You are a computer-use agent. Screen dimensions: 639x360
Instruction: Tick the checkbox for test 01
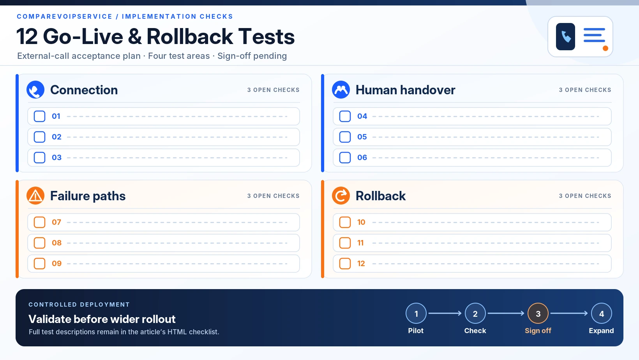tap(39, 116)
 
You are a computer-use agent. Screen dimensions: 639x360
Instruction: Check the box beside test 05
tap(345, 137)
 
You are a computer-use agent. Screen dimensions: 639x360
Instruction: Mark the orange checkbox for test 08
tap(39, 243)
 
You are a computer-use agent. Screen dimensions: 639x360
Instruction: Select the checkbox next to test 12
tap(345, 264)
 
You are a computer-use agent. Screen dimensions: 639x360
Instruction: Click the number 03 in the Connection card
tap(56, 157)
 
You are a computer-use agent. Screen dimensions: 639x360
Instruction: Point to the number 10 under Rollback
tap(361, 222)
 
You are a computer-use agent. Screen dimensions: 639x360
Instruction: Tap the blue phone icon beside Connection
tap(35, 90)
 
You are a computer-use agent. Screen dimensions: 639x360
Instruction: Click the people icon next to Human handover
tap(341, 90)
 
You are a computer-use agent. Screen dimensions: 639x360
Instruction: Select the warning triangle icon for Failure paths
tap(35, 196)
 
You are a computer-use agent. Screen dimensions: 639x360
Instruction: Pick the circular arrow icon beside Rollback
tap(341, 196)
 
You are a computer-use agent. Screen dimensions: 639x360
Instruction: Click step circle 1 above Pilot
tap(416, 313)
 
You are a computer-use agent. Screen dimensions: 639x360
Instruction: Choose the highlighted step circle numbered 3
tap(538, 313)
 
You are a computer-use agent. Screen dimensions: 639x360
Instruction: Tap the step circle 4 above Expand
tap(602, 313)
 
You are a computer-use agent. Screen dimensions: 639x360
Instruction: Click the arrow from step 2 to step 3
tap(506, 313)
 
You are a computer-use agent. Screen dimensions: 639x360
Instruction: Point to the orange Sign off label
tap(538, 331)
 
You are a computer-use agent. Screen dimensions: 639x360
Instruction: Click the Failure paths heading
tap(88, 196)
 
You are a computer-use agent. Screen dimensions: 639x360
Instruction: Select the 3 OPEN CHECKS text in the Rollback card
tap(585, 196)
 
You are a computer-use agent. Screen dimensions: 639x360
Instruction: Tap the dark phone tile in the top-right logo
tap(565, 37)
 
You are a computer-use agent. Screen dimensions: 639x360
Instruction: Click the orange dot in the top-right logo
tap(605, 48)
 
